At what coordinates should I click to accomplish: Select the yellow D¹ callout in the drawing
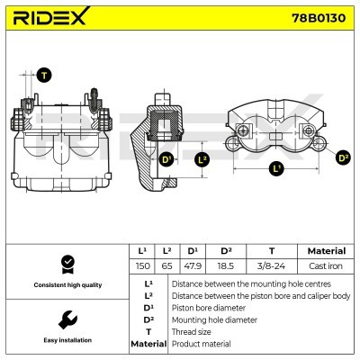tap(166, 160)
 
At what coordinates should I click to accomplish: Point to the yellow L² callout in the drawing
tap(202, 160)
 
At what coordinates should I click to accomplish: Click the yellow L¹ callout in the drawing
tap(275, 167)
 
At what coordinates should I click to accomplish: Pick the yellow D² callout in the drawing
tap(343, 158)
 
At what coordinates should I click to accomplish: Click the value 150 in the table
tap(142, 267)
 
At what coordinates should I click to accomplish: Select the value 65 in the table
tap(167, 267)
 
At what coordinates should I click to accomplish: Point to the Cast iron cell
tap(326, 267)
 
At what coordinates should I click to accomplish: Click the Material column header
tap(326, 251)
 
